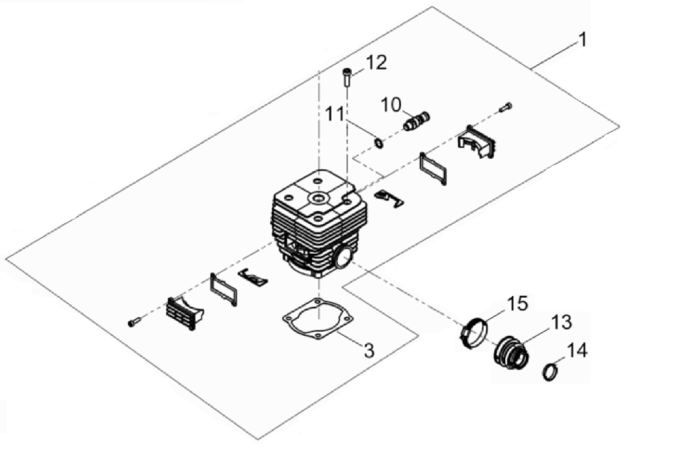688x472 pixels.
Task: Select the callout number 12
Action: (x=376, y=63)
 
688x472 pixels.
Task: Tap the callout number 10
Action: (x=390, y=105)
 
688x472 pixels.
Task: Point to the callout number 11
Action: (x=335, y=114)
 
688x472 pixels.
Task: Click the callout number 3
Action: (x=369, y=351)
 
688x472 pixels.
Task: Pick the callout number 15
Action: (x=517, y=303)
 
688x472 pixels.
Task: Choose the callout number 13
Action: (x=561, y=322)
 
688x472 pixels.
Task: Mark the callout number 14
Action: (x=576, y=350)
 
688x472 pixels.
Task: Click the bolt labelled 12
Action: (x=347, y=78)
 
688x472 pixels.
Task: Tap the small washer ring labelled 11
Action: (x=378, y=143)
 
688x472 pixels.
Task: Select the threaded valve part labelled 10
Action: (x=417, y=121)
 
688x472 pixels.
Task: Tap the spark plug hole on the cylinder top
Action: (x=319, y=198)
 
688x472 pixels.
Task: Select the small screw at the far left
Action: (x=134, y=322)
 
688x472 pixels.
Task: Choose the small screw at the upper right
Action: (x=506, y=107)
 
